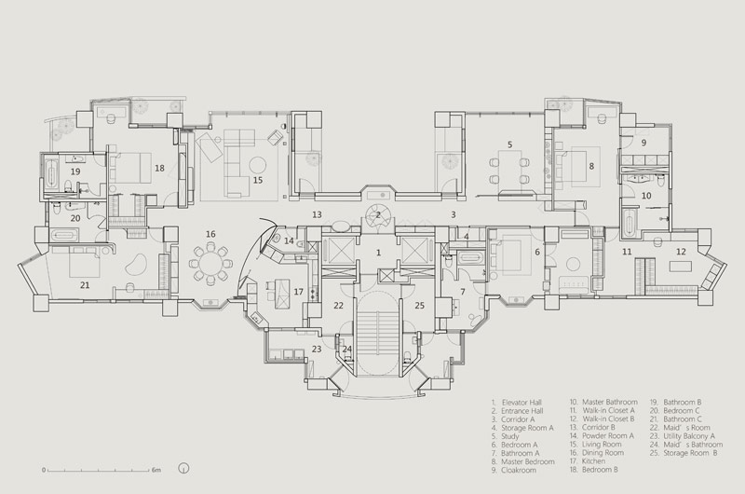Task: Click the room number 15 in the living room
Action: [x=258, y=180]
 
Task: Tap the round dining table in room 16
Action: [x=211, y=264]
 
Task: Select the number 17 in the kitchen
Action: [x=298, y=292]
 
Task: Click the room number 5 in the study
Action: [x=509, y=144]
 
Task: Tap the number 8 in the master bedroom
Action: [x=591, y=167]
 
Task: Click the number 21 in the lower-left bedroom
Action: [x=85, y=285]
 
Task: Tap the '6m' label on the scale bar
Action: [x=156, y=470]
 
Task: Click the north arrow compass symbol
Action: [x=183, y=468]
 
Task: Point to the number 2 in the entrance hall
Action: [x=378, y=214]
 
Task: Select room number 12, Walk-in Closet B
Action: [x=681, y=252]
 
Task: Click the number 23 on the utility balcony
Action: [x=317, y=349]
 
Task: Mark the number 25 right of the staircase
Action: [x=420, y=306]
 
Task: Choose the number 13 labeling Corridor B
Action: [x=317, y=215]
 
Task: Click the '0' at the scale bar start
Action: [x=44, y=470]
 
